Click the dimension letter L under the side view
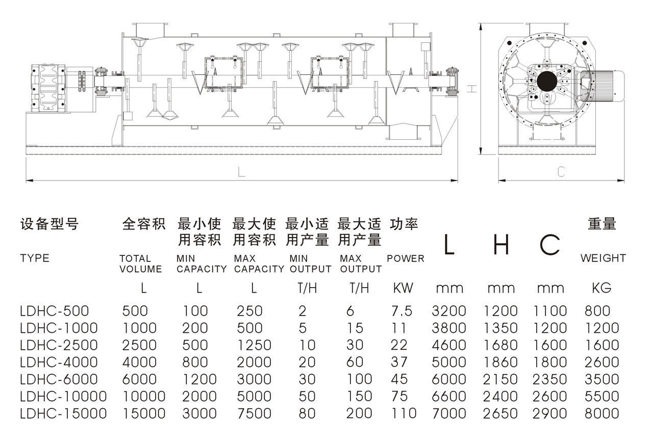(x=241, y=172)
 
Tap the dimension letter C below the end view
(x=561, y=172)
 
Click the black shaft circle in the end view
(x=547, y=81)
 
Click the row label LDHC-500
(x=54, y=310)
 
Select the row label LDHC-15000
(x=63, y=413)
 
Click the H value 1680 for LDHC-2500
(x=500, y=345)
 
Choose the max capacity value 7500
(x=254, y=413)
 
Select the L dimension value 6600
(x=449, y=396)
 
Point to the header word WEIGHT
(x=602, y=258)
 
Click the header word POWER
(x=405, y=258)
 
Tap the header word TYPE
(x=35, y=258)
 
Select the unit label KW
(x=403, y=288)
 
